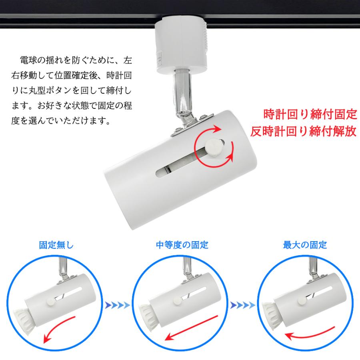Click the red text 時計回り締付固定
(310, 115)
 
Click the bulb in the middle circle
(148, 314)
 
